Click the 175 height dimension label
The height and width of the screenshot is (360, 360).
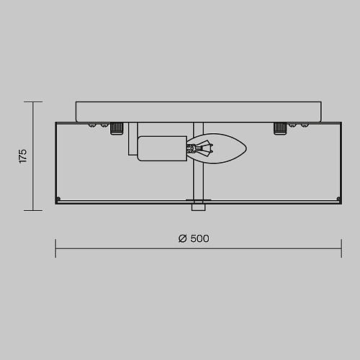23,156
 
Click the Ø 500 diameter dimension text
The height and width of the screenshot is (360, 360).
194,238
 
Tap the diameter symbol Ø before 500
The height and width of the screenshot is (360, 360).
182,238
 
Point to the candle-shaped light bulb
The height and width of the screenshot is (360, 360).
217,148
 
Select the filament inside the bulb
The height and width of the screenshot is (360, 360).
200,148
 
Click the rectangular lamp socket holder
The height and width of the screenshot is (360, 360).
162,148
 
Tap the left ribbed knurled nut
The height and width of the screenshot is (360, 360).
117,128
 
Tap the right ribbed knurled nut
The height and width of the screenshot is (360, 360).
280,128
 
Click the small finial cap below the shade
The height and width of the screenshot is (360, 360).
199,207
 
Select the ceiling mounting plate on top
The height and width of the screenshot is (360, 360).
199,112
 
